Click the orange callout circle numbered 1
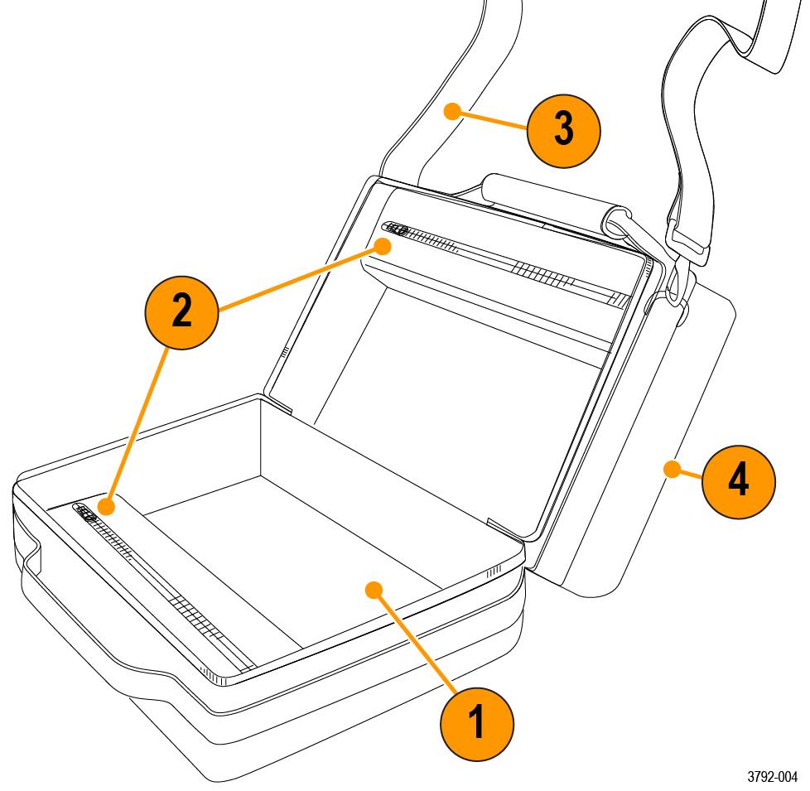(x=475, y=718)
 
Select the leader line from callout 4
(x=687, y=473)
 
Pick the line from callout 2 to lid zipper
(x=298, y=274)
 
